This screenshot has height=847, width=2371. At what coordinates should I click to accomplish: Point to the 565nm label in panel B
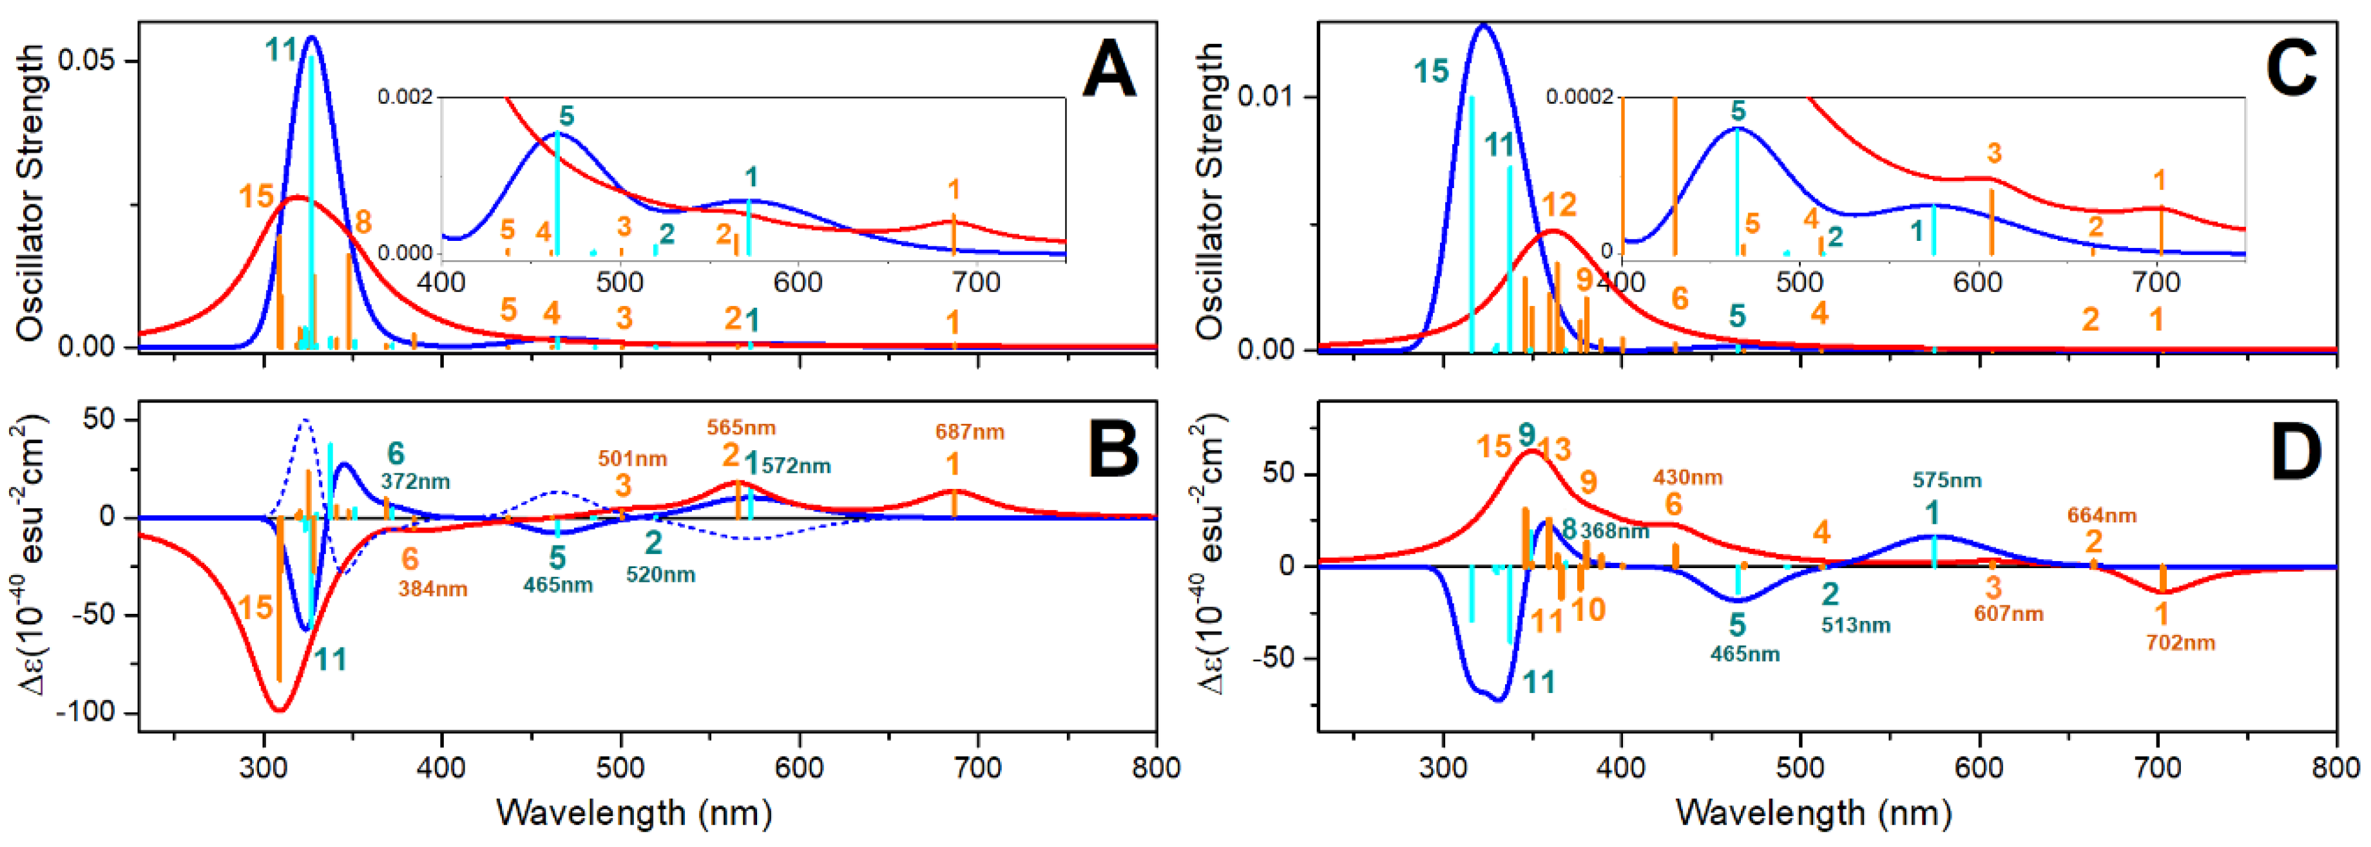[x=741, y=428]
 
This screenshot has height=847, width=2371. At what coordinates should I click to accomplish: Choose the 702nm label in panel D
[x=2180, y=643]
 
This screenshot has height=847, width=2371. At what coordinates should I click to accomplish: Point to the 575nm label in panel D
[x=1946, y=481]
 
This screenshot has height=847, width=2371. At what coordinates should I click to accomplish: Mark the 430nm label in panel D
[x=1687, y=478]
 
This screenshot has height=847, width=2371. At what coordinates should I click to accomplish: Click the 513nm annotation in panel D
[x=1856, y=625]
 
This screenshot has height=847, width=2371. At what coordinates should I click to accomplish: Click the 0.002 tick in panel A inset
[x=405, y=97]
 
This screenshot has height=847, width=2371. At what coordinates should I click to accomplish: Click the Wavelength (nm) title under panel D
[x=1813, y=813]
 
